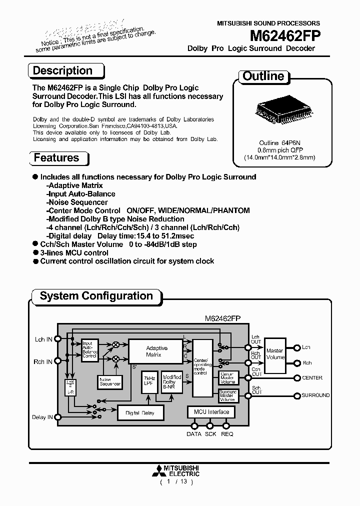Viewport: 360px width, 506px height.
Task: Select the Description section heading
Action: tap(62, 71)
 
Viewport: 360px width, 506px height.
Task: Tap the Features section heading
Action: tap(56, 158)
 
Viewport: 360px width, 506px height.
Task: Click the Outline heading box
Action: tap(263, 76)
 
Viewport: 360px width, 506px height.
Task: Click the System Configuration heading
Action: tap(96, 296)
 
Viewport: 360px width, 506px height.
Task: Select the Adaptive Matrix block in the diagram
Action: tap(156, 351)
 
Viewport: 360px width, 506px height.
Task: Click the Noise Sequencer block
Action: tap(110, 382)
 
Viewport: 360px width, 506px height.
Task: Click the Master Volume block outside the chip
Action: tap(274, 354)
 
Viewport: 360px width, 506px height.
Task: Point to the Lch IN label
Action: tap(42, 339)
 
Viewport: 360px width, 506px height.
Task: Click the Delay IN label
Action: tap(42, 417)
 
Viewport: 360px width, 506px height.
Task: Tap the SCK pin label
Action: tap(210, 434)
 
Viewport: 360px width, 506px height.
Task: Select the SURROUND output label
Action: tap(315, 395)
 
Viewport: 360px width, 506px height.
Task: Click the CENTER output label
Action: tap(312, 378)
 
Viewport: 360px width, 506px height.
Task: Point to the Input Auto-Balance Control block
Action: tap(89, 350)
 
